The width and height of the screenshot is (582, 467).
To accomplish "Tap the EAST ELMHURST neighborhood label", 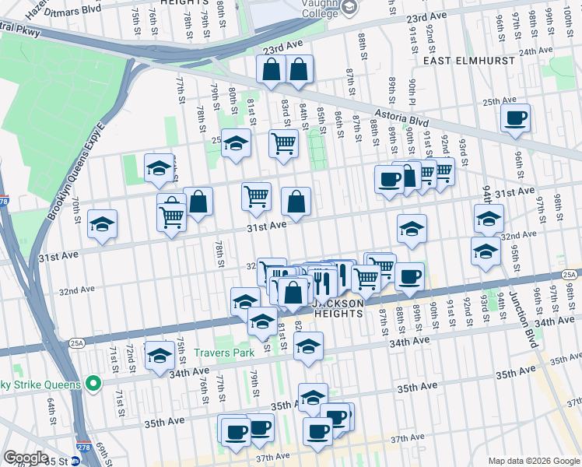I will click(x=464, y=59).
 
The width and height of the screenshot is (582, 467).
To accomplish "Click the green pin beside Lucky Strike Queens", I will click(x=93, y=384).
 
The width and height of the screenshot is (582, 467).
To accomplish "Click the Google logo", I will click(x=26, y=458).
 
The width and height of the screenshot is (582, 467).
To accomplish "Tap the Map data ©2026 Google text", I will click(x=533, y=461).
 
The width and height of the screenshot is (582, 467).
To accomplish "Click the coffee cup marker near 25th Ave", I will click(x=515, y=119).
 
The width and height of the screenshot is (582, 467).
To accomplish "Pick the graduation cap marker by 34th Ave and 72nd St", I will click(x=160, y=355).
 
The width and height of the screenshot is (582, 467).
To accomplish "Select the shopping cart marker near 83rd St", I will click(x=283, y=143).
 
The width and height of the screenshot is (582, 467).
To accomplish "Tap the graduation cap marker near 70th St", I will click(x=103, y=224).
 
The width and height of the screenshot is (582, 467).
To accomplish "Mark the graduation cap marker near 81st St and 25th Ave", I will click(x=236, y=143).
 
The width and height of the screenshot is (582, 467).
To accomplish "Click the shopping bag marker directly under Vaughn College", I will click(x=299, y=70).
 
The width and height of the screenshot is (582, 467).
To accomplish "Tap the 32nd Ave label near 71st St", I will click(x=76, y=290).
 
